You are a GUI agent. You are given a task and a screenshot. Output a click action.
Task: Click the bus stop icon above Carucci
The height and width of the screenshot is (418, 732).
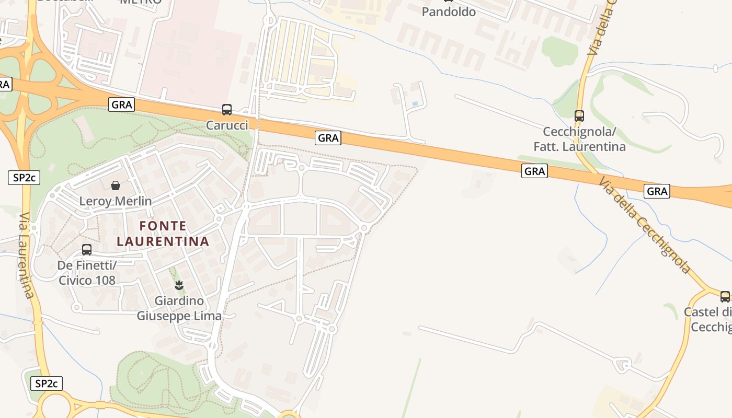click(227, 110)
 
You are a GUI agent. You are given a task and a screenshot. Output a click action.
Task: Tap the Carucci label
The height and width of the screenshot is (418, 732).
click(227, 125)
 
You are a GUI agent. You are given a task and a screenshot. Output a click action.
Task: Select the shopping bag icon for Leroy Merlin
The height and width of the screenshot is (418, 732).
click(116, 185)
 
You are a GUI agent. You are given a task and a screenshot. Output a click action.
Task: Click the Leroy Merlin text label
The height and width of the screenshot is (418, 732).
click(116, 201)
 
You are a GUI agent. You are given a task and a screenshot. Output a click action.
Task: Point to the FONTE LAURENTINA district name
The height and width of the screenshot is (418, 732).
click(163, 234)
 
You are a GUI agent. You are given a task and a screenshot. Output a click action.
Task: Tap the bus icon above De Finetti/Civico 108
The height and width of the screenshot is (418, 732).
click(87, 250)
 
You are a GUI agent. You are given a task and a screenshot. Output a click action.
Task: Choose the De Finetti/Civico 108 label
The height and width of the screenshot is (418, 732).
click(87, 273)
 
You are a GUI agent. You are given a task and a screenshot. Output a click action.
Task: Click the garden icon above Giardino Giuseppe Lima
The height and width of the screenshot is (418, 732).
click(179, 285)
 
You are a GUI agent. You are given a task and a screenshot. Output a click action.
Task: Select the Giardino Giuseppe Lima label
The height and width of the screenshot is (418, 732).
click(179, 309)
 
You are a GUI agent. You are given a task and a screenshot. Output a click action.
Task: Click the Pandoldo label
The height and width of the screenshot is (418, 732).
click(449, 12)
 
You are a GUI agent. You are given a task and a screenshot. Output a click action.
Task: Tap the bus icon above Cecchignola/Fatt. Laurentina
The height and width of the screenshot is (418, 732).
click(579, 116)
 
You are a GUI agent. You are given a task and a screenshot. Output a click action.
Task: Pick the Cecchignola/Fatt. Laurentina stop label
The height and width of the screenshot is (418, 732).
click(579, 139)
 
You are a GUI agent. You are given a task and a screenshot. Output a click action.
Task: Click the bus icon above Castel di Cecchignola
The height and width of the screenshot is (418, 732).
click(725, 297)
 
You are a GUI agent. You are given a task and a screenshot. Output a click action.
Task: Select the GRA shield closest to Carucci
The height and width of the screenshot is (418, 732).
click(122, 104)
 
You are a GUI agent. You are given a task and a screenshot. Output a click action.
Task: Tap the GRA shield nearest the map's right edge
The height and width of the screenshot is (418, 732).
click(657, 191)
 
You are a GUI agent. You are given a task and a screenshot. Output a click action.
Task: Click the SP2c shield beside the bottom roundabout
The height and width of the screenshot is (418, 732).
click(47, 384)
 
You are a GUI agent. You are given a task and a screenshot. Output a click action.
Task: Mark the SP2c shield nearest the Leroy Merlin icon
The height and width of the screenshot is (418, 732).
click(24, 178)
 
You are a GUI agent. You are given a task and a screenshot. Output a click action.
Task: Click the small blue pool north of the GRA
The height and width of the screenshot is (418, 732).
click(415, 104)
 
